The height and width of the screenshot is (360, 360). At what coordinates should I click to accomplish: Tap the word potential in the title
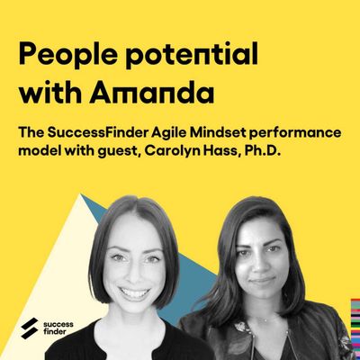click(192, 54)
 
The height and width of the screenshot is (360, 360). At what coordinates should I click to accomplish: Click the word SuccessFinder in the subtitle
click(97, 133)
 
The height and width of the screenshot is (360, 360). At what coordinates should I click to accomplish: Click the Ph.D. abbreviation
click(262, 150)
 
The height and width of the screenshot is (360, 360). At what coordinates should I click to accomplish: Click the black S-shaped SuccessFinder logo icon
click(30, 328)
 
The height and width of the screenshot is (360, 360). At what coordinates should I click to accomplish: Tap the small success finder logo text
click(58, 328)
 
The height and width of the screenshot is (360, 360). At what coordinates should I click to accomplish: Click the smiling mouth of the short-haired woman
click(134, 291)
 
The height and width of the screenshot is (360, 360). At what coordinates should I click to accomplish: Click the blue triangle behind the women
click(192, 288)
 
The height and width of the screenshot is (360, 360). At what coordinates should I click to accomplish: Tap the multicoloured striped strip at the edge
click(355, 328)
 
